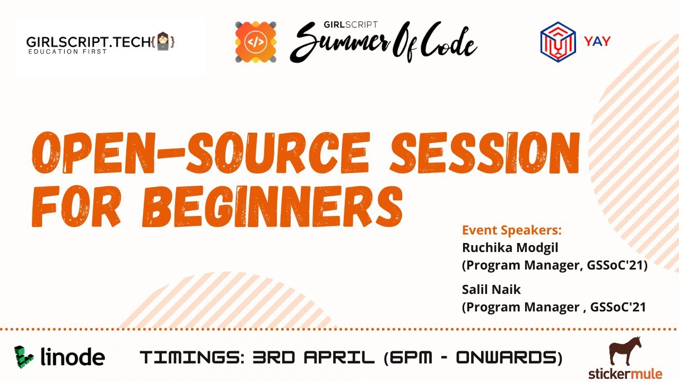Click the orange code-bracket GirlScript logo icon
point(256,42)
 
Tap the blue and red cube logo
point(558,42)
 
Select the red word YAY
point(597,41)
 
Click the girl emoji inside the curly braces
point(163,41)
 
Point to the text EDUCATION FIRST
point(67,51)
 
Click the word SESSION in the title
point(485,153)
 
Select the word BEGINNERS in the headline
point(273,206)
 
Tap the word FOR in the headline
point(76,206)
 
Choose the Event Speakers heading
point(512,230)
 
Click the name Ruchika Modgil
point(510,248)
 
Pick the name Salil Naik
point(491,290)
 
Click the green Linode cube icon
point(24,357)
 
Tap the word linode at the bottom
point(73,357)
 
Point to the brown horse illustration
point(625,351)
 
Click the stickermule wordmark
point(625,374)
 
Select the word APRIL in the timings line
point(339,357)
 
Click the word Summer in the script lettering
point(340,44)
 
